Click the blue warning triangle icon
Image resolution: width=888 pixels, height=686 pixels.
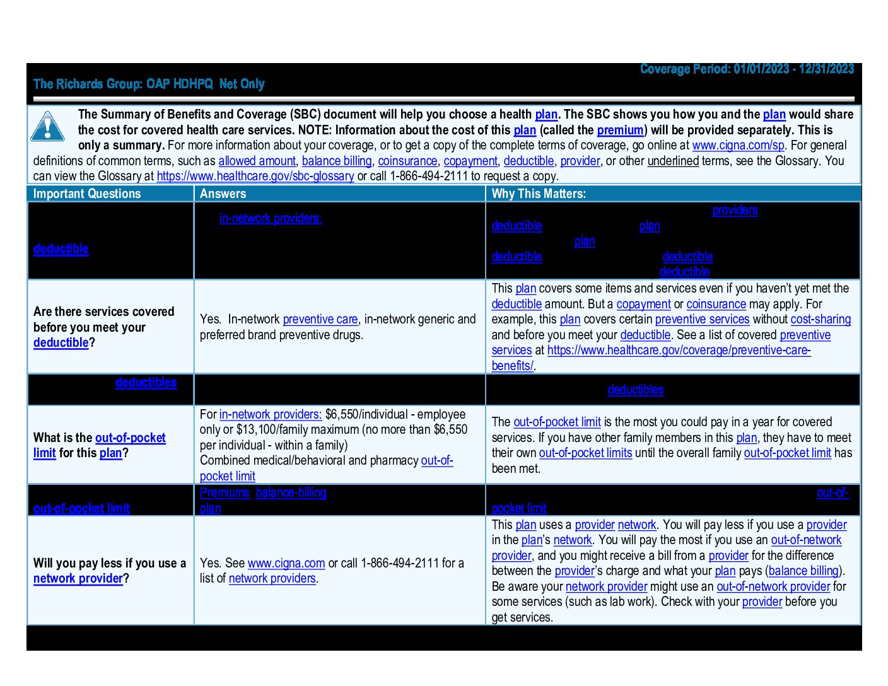pos(47,126)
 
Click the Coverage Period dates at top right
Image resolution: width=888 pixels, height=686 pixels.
pos(747,69)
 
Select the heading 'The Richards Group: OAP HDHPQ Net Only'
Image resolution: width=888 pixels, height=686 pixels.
pos(149,84)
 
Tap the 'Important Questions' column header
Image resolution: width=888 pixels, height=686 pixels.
pos(87,194)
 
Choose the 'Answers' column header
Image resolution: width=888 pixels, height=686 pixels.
pos(223,194)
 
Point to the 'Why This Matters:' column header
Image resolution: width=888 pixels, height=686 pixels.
pos(539,194)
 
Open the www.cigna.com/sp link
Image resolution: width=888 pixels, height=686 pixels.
pos(738,145)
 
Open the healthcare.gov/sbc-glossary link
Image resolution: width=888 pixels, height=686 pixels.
pos(255,176)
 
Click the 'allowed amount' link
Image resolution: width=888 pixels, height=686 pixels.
pos(257,161)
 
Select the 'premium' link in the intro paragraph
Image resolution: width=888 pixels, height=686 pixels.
pos(620,130)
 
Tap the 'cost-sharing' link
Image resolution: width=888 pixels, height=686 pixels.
pos(821,319)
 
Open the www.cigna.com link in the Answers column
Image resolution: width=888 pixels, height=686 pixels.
pos(286,563)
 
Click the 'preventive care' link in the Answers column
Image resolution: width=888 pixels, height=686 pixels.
pos(320,319)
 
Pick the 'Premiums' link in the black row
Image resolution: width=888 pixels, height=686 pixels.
pos(225,492)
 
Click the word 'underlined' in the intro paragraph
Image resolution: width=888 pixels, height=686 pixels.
pos(673,161)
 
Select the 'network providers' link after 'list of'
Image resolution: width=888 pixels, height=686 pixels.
pos(272,578)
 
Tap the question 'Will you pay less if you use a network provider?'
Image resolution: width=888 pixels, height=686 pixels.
pos(110,571)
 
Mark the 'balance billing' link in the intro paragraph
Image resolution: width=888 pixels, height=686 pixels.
pos(337,161)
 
